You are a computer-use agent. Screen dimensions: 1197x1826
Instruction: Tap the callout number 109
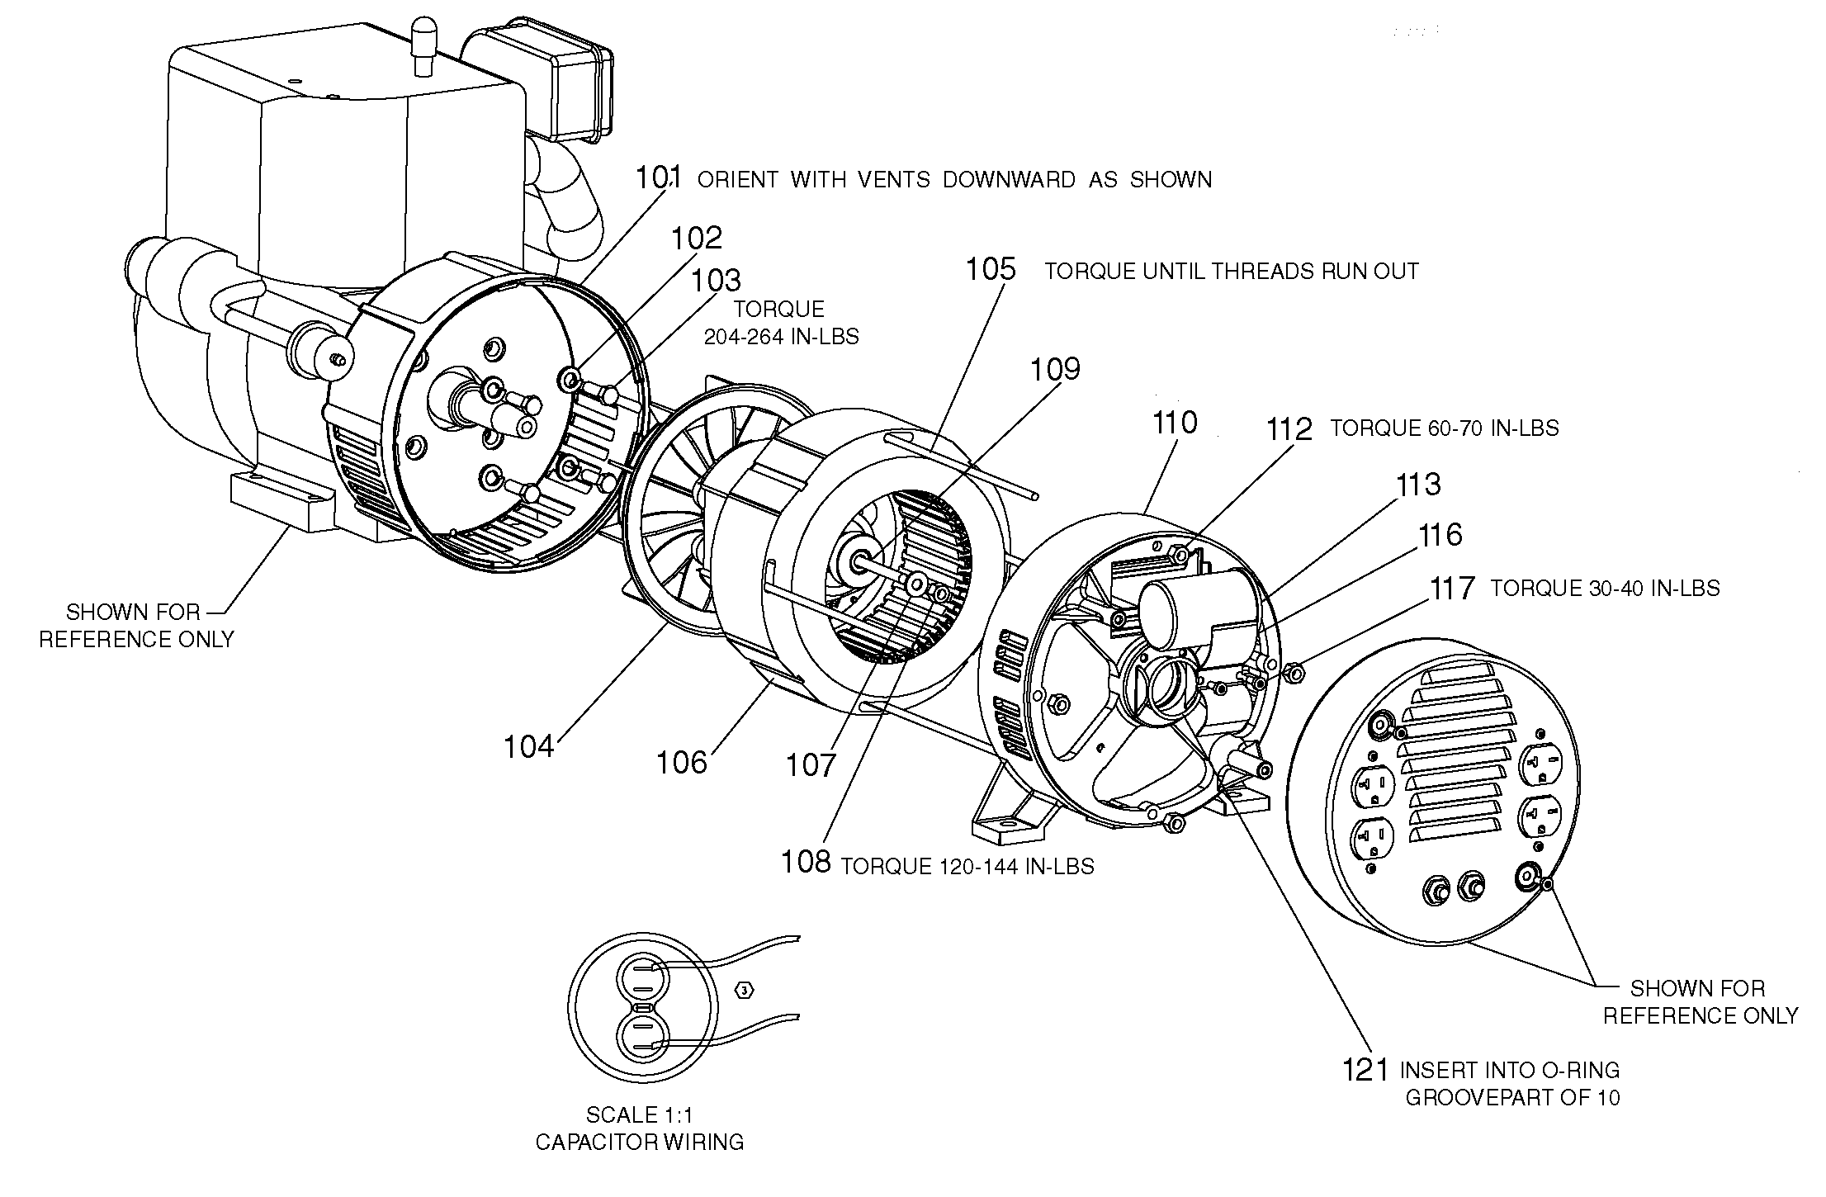point(1056,369)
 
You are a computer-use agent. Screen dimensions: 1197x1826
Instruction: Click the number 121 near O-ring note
point(1365,1070)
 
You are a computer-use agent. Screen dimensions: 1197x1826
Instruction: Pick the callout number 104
point(528,746)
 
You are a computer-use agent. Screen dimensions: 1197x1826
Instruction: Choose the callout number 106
point(682,762)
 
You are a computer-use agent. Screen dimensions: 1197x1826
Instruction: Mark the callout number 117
point(1452,589)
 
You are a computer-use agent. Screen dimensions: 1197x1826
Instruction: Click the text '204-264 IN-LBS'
point(781,337)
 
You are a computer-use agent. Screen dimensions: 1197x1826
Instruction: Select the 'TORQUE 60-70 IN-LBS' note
point(1444,428)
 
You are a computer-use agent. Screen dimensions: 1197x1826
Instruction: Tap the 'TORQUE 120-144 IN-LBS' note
point(967,867)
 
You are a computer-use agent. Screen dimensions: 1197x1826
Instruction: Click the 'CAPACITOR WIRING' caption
point(640,1143)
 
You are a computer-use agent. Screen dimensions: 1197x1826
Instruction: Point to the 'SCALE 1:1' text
point(640,1115)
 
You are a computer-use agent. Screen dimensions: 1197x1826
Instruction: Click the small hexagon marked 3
point(745,991)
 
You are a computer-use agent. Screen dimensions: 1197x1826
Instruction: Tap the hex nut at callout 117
point(1294,673)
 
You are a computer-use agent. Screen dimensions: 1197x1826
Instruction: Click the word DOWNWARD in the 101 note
point(1009,180)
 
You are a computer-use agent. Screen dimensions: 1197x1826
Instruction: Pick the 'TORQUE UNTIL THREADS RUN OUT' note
point(1232,272)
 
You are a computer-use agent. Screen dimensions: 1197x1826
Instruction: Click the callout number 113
point(1418,485)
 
